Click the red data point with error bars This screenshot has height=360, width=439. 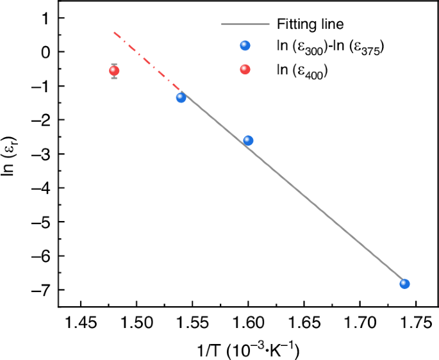click(x=114, y=71)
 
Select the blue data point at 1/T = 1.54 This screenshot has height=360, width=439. click(x=181, y=97)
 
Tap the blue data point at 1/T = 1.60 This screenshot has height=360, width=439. click(x=248, y=140)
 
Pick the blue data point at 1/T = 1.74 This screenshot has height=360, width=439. click(x=404, y=284)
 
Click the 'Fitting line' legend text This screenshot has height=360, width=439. click(x=311, y=25)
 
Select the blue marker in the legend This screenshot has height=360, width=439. click(x=245, y=46)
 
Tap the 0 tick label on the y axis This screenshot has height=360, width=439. click(x=45, y=52)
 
